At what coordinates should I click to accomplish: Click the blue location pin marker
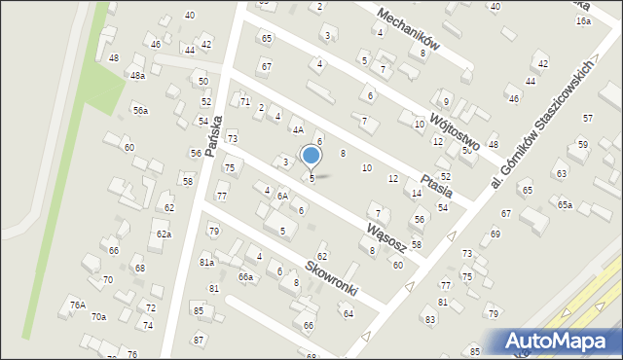311,156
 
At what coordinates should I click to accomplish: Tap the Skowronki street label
331,278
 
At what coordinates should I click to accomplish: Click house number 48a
138,75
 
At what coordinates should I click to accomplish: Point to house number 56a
141,111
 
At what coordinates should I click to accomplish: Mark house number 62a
165,234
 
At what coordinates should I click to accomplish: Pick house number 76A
78,305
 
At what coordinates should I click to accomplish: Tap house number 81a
206,263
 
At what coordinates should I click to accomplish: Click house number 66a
246,277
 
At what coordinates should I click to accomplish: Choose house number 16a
583,20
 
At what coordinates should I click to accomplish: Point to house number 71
245,102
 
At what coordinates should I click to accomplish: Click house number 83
429,319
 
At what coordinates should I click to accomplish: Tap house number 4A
299,129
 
